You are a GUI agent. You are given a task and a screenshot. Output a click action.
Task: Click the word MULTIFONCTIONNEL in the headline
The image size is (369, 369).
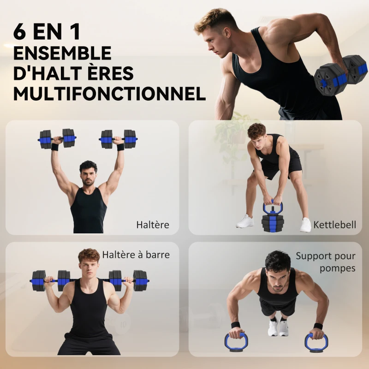109,94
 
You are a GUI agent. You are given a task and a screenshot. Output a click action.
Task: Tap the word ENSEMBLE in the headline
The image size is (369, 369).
62,53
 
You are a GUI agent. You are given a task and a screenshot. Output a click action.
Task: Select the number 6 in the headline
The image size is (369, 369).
20,32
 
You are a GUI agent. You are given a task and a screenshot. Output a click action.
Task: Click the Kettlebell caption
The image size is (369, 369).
334,225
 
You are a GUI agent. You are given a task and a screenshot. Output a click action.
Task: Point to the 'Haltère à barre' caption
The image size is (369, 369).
136,255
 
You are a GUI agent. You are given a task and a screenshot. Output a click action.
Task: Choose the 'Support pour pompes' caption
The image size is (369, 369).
326,262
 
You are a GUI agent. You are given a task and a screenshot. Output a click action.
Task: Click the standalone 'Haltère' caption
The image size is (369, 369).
153,225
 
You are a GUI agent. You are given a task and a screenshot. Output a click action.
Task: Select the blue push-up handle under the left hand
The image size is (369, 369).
236,342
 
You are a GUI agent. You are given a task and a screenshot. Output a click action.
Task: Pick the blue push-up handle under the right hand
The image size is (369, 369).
316,343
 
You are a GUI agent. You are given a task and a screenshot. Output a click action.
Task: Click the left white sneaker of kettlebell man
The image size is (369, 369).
245,221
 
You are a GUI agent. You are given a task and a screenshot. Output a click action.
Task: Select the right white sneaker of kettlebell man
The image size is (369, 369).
305,225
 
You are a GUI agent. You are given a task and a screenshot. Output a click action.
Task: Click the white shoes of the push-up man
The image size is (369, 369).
278,327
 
